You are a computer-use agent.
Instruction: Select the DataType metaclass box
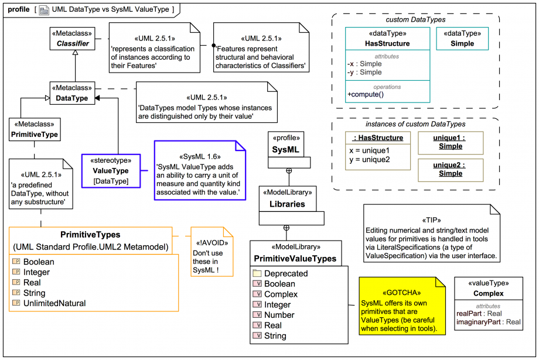[71, 94]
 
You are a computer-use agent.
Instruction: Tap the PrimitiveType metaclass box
[34, 129]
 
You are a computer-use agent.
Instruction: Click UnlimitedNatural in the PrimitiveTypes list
[54, 303]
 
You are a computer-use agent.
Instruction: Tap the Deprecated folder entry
[285, 273]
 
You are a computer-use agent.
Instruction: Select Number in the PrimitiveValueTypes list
[279, 315]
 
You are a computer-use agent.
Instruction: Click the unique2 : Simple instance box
[451, 169]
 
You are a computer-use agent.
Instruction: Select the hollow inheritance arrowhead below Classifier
[74, 53]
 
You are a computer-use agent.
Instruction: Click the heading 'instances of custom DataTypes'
[415, 124]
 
